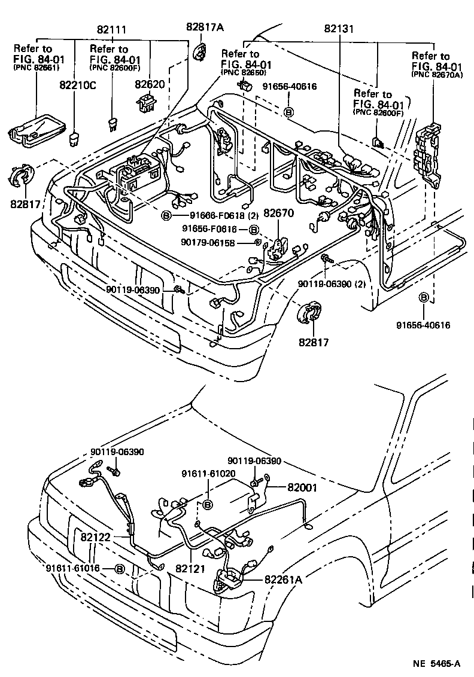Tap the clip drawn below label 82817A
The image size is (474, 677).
(199, 51)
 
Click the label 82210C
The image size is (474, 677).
(77, 86)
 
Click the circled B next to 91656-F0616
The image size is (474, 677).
(254, 230)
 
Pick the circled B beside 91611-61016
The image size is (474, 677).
(119, 569)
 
